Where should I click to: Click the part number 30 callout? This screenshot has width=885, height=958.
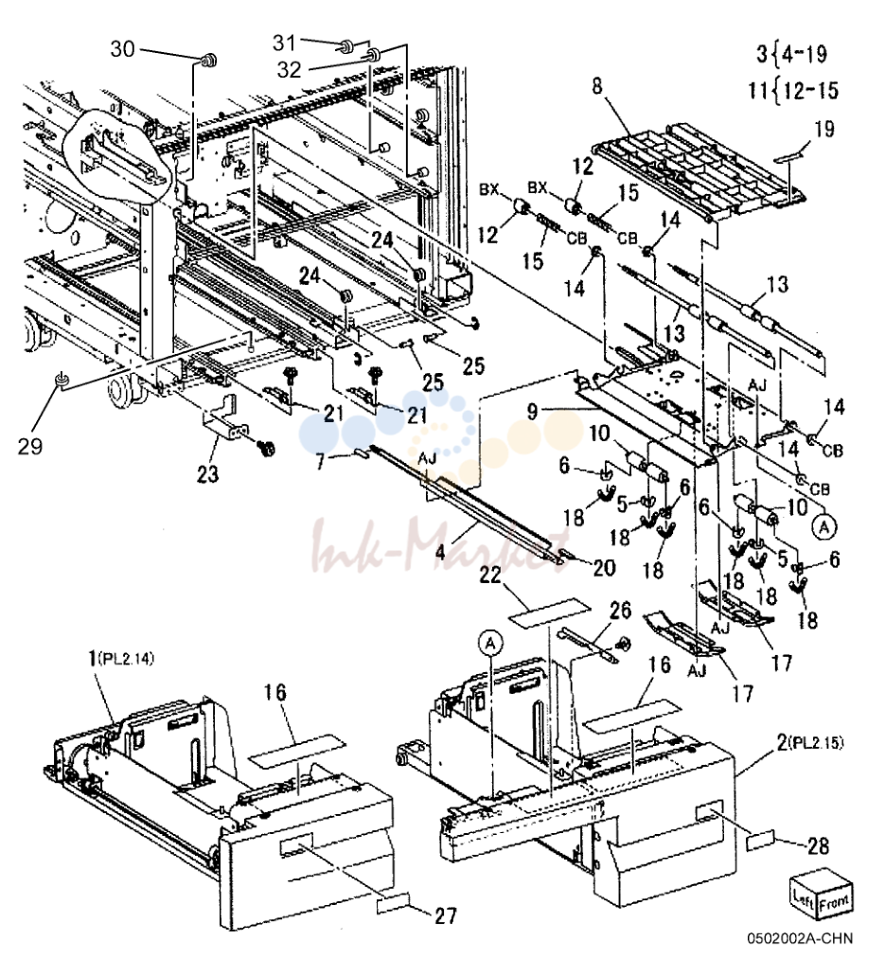tap(122, 48)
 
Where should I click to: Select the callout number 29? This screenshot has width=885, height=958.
tap(29, 446)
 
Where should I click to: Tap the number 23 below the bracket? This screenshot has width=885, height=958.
tap(207, 473)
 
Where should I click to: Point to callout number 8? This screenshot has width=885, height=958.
tap(596, 86)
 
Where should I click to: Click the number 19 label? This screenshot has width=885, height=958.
tap(823, 129)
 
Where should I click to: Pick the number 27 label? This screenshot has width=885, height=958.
tap(445, 915)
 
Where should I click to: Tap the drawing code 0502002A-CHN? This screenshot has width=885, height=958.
tap(799, 938)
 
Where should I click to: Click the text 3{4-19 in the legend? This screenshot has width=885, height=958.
tap(792, 54)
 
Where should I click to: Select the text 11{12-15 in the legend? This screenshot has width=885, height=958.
tap(794, 91)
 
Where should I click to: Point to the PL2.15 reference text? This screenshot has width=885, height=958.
tap(817, 743)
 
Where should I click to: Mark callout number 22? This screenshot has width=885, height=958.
tap(490, 575)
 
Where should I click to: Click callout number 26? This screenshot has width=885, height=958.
tap(619, 611)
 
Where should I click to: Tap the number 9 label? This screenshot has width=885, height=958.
tap(533, 412)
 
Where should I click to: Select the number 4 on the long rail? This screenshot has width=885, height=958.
tap(441, 554)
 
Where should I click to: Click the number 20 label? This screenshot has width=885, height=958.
tap(604, 568)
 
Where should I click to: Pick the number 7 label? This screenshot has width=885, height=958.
tap(321, 461)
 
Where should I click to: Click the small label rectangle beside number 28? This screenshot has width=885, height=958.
tap(761, 841)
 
